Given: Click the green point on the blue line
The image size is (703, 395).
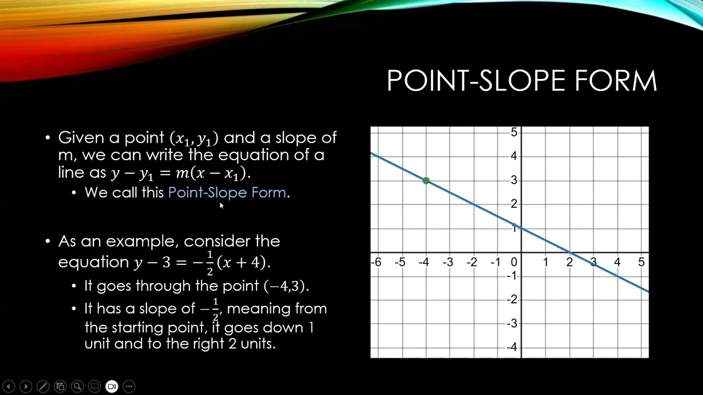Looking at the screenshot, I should pyautogui.click(x=426, y=180).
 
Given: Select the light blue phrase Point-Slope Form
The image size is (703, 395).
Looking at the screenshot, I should pyautogui.click(x=227, y=193).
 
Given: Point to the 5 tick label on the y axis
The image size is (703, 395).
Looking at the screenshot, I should pyautogui.click(x=514, y=132).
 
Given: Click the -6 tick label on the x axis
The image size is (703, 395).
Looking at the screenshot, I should pyautogui.click(x=376, y=262).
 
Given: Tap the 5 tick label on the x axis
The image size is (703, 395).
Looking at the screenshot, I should pyautogui.click(x=641, y=262).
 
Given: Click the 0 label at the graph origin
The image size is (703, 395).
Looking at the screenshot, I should pyautogui.click(x=514, y=262).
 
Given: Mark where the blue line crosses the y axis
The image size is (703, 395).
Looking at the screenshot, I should pyautogui.click(x=521, y=228).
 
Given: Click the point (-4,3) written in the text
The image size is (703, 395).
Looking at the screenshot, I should pyautogui.click(x=286, y=286).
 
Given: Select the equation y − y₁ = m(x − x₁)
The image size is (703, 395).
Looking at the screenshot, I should pyautogui.click(x=180, y=173).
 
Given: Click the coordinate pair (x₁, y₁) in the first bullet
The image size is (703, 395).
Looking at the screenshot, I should pyautogui.click(x=194, y=138).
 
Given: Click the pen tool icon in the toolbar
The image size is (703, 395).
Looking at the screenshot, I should pyautogui.click(x=43, y=386).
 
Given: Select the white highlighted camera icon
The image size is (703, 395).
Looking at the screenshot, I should pyautogui.click(x=111, y=386).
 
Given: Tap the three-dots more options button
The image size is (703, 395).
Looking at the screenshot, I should pyautogui.click(x=129, y=386).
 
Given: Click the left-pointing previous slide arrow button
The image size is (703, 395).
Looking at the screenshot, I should pyautogui.click(x=8, y=386).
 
